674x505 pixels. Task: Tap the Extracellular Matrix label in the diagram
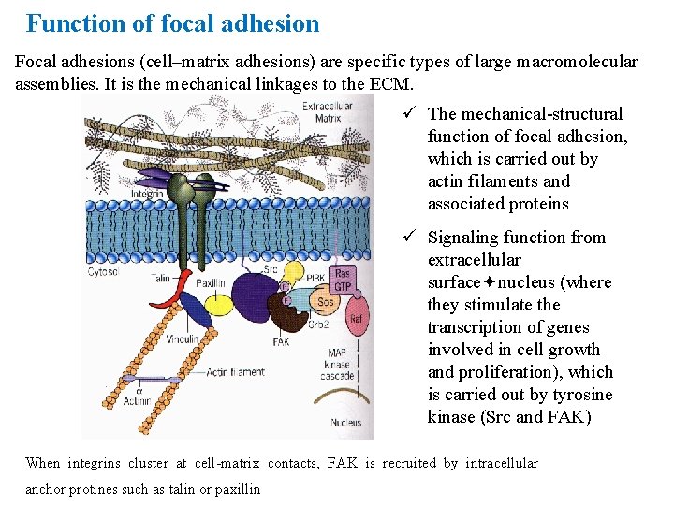point(328,112)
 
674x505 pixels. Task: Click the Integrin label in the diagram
point(148,195)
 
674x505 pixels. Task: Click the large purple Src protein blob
point(255,291)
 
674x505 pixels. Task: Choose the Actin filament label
point(235,372)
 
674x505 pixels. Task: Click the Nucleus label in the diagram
point(345,423)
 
